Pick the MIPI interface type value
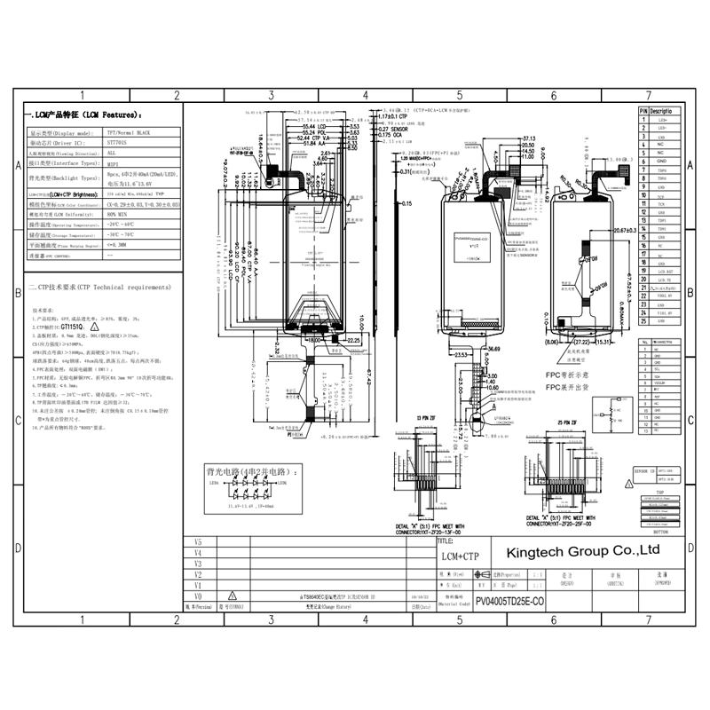112,163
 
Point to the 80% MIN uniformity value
118,214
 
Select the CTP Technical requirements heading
98,288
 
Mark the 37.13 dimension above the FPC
528,139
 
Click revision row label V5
198,541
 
